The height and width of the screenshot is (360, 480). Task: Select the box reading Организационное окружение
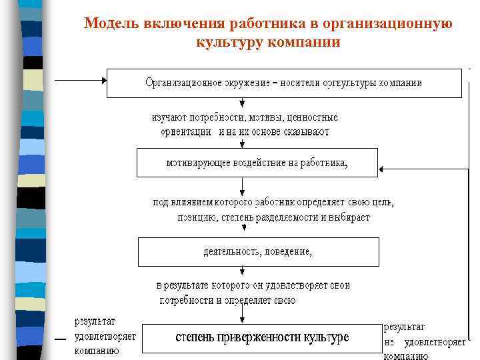(283, 83)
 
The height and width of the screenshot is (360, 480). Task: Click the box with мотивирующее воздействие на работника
(257, 162)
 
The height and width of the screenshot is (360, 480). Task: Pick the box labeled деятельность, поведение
(258, 252)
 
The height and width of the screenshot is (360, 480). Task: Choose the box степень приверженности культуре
(262, 337)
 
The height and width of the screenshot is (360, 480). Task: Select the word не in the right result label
(390, 343)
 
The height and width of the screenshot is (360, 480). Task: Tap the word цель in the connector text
(381, 202)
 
